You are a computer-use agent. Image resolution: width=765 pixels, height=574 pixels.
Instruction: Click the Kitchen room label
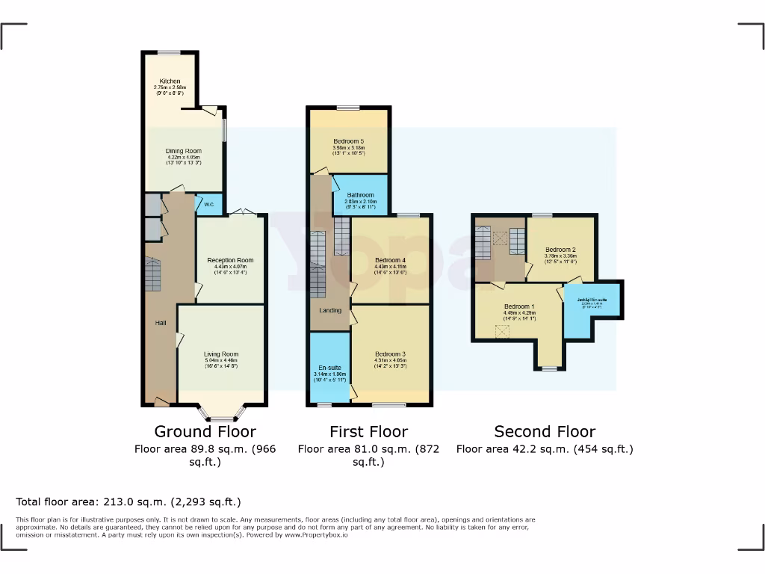(169, 81)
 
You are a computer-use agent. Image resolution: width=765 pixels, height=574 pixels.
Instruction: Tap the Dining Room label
(184, 151)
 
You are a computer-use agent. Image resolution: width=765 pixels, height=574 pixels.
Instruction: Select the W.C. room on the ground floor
(208, 204)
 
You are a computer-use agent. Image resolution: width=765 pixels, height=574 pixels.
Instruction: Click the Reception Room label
(230, 261)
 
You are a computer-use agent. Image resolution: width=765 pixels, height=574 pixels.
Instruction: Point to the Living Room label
(221, 354)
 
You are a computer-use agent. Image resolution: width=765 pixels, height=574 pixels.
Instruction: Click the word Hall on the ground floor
(161, 323)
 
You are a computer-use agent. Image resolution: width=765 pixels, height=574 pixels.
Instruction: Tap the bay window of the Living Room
(221, 410)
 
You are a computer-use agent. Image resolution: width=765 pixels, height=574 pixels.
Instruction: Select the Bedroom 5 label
(348, 141)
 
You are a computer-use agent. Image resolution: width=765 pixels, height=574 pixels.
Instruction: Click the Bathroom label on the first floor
(360, 195)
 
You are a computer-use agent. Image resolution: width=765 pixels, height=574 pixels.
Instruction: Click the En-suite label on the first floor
(329, 368)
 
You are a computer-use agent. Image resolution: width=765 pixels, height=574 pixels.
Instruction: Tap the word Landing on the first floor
(330, 310)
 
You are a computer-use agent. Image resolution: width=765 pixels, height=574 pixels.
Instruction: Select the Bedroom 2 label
(560, 250)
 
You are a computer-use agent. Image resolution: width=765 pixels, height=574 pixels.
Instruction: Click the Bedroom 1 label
(519, 306)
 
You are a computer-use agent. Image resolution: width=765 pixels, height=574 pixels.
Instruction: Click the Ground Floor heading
(205, 431)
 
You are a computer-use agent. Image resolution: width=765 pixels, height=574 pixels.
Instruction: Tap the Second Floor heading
(545, 431)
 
